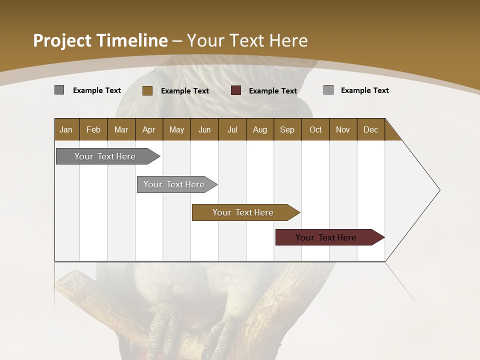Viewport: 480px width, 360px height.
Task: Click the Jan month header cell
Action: pyautogui.click(x=66, y=129)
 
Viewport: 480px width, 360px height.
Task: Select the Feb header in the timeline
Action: pyautogui.click(x=93, y=129)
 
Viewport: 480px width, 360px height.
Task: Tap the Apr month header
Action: pyautogui.click(x=149, y=129)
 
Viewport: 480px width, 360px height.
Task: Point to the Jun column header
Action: pyautogui.click(x=204, y=129)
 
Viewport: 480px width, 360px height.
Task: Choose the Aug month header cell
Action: pyautogui.click(x=260, y=129)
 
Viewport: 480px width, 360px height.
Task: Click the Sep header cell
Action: pyautogui.click(x=287, y=129)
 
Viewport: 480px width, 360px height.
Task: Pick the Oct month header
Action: pyautogui.click(x=315, y=129)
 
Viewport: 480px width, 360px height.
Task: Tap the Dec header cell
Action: pyautogui.click(x=371, y=129)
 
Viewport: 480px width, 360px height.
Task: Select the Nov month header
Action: pyautogui.click(x=343, y=129)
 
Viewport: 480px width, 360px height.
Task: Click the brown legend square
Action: pyautogui.click(x=147, y=90)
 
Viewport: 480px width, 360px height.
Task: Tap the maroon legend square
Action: pyautogui.click(x=236, y=90)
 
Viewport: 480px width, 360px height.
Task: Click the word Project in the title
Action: pyautogui.click(x=62, y=40)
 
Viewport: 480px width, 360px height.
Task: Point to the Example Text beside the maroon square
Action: pyautogui.click(x=273, y=91)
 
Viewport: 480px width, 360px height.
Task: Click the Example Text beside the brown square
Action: pyautogui.click(x=185, y=91)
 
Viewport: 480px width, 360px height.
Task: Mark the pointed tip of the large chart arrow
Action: pyautogui.click(x=439, y=190)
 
